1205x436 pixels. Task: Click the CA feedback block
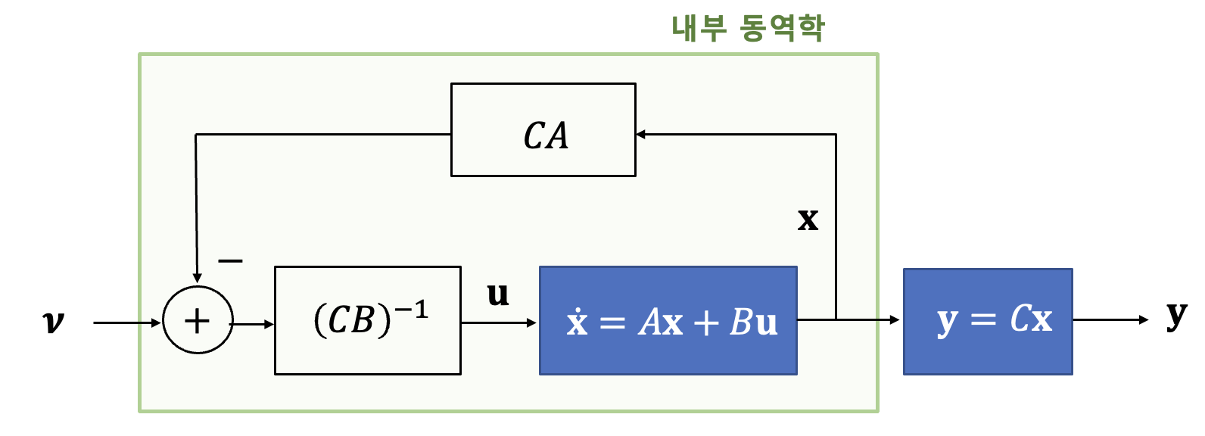[543, 130]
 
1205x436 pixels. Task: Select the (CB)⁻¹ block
[367, 320]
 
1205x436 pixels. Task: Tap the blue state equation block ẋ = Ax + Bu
[668, 320]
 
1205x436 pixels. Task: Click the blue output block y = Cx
[987, 321]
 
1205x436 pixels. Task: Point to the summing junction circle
[198, 320]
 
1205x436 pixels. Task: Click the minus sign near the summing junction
[230, 261]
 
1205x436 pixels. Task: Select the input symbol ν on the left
[53, 322]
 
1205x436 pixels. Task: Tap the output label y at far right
[1176, 314]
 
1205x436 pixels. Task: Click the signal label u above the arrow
[497, 294]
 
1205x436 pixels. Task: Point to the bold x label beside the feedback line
[808, 220]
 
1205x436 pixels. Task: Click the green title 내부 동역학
[747, 28]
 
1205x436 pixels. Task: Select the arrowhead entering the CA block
[641, 135]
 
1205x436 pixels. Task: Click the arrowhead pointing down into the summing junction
[197, 278]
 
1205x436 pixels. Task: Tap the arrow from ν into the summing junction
[126, 322]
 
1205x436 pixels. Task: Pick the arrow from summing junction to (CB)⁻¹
[253, 324]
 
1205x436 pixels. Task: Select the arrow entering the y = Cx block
[870, 319]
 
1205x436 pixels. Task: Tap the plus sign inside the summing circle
[197, 321]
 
